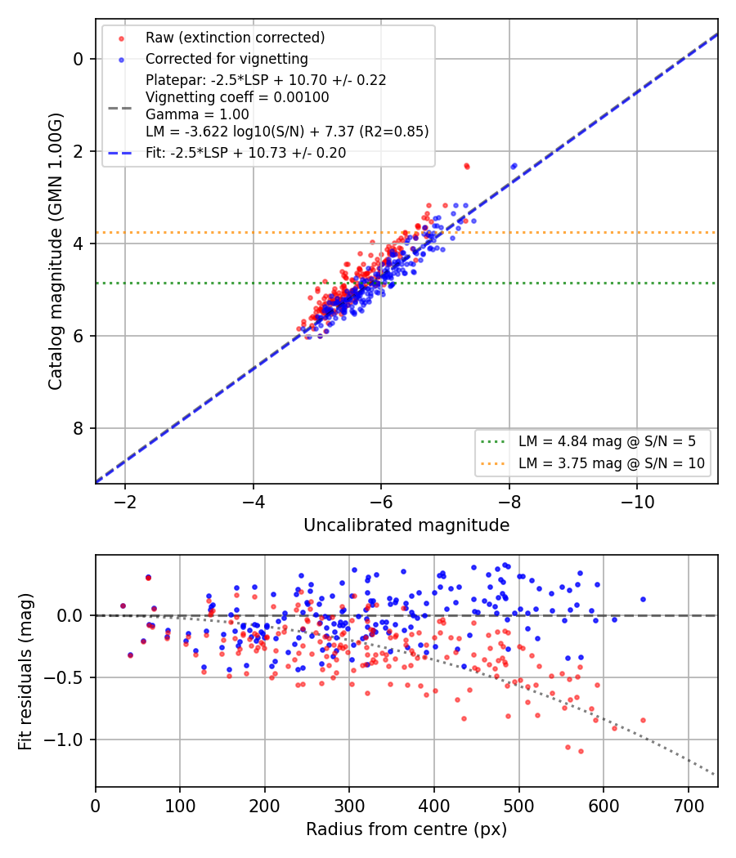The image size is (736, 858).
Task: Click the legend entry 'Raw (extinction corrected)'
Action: [x=235, y=38]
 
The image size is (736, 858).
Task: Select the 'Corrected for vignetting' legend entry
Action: [x=227, y=59]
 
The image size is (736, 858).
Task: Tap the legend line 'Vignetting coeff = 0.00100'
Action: [x=237, y=97]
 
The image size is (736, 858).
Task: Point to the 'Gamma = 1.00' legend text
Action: [x=197, y=114]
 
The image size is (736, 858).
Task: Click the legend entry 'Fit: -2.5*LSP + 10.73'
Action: [x=246, y=153]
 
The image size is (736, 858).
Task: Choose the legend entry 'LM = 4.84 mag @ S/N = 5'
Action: [x=607, y=441]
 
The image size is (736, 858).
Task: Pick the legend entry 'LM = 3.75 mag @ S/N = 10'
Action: [x=611, y=463]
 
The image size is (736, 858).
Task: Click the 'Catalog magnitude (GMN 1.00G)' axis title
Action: [x=56, y=252]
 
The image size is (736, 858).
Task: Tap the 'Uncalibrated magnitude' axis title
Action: [x=406, y=525]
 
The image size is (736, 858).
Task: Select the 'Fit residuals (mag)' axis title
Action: [x=25, y=672]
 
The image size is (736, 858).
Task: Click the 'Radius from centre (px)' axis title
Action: [x=406, y=829]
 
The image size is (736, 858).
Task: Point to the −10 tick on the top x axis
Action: [x=637, y=502]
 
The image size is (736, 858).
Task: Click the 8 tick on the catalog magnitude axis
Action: [x=78, y=428]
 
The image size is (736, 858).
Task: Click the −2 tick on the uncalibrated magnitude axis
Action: [x=125, y=502]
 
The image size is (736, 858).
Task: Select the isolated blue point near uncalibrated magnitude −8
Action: [x=514, y=166]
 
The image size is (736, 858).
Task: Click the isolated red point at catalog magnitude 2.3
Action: [x=467, y=166]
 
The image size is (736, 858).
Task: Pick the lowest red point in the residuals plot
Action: [x=581, y=751]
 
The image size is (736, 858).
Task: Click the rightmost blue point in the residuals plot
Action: [x=643, y=600]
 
